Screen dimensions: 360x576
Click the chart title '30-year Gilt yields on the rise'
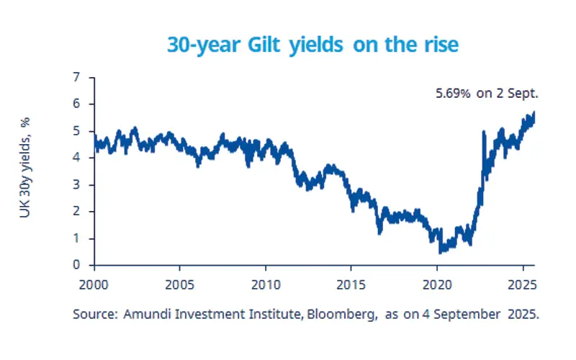tap(312, 45)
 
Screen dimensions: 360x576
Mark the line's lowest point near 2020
tap(440, 252)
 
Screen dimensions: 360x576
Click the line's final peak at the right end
tap(534, 112)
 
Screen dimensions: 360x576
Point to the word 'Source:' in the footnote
tap(94, 315)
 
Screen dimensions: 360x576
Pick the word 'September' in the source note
tap(472, 315)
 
